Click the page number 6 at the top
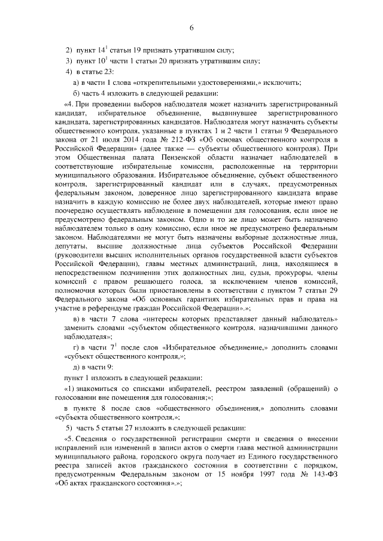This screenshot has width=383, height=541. pos(191,27)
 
